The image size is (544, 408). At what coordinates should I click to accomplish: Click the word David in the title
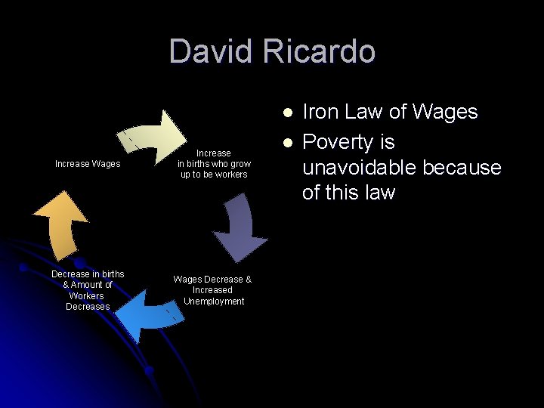pos(212,51)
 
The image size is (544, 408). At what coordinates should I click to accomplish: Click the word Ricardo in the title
pos(320,51)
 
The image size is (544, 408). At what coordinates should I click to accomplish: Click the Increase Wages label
pos(88,164)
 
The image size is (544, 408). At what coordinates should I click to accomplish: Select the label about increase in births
pos(214,164)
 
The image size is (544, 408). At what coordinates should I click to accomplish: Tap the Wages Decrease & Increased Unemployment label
pos(212,290)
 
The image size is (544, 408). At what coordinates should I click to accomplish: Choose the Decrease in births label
pos(88,290)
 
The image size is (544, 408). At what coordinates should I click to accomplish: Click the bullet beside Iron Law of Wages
pos(287,113)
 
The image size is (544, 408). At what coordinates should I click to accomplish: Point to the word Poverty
pos(338,142)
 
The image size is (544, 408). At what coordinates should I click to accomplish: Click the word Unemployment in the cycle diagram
pos(214,301)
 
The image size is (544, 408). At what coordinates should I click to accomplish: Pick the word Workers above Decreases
pos(88,295)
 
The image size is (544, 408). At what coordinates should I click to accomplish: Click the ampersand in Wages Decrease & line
pos(248,280)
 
